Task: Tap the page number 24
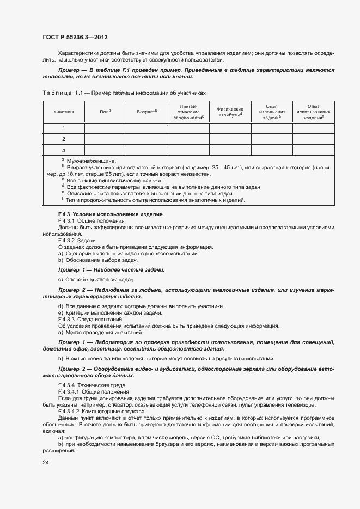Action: pyautogui.click(x=46, y=462)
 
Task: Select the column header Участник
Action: pyautogui.click(x=63, y=111)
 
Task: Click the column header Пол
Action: pyautogui.click(x=105, y=111)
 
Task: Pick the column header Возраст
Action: pyautogui.click(x=147, y=111)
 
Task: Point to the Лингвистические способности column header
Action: pyautogui.click(x=188, y=111)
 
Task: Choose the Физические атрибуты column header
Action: pyautogui.click(x=230, y=111)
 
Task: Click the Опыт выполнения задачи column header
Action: pyautogui.click(x=272, y=111)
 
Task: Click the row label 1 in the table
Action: pyautogui.click(x=63, y=128)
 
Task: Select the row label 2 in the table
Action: pyautogui.click(x=63, y=139)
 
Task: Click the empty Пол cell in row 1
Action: pyautogui.click(x=105, y=128)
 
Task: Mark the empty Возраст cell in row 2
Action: pyautogui.click(x=147, y=139)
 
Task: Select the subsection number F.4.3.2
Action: pyautogui.click(x=67, y=241)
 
